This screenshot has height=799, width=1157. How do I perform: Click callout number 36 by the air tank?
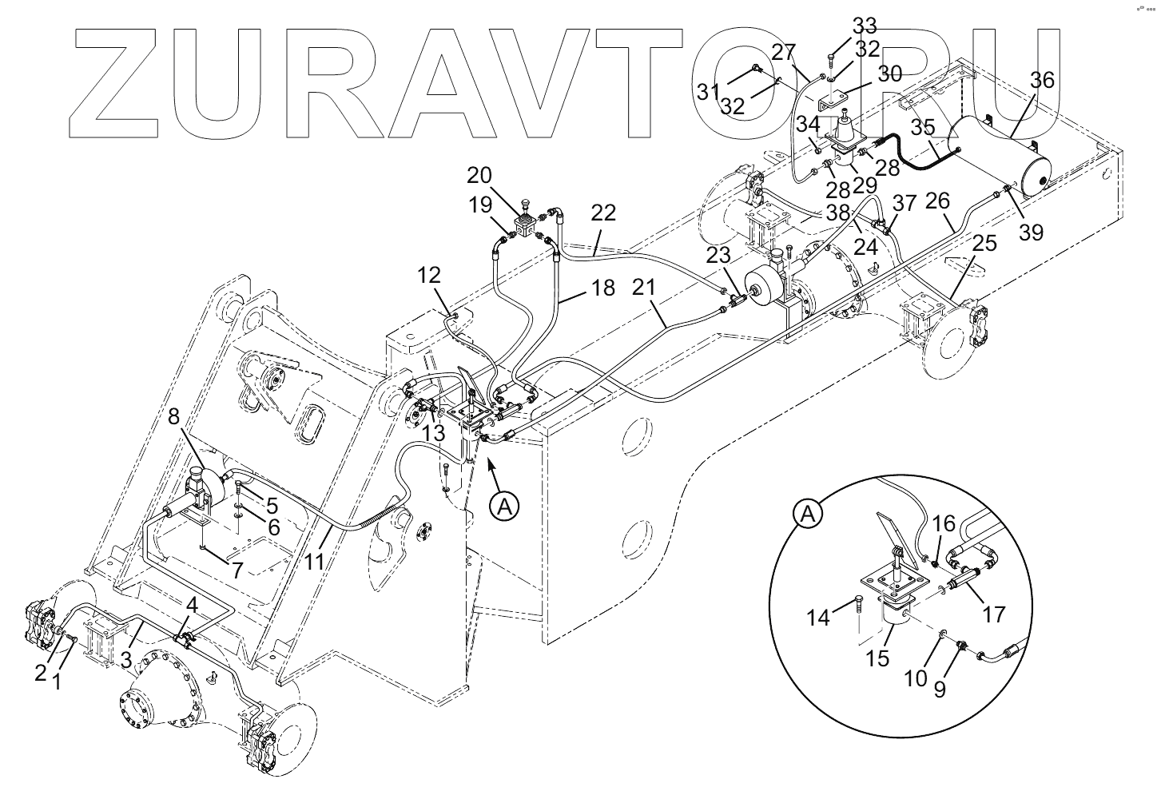click(1042, 80)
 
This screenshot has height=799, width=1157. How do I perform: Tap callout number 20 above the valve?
click(502, 176)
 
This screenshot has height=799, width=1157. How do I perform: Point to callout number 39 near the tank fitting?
click(1032, 232)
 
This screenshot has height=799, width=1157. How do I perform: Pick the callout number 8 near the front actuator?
click(173, 416)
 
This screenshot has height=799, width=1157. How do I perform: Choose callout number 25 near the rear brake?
click(984, 243)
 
